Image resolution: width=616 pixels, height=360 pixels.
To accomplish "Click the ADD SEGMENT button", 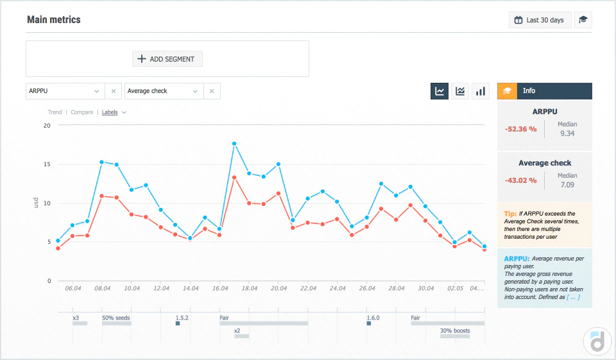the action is coord(167,59).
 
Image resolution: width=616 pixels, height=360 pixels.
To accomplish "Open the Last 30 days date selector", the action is coord(540,20).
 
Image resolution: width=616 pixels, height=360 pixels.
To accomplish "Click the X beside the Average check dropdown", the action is coord(212,91).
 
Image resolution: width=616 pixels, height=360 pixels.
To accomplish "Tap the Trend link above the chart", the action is coord(55,112).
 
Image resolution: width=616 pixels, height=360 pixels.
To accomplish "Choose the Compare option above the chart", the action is coord(81,112).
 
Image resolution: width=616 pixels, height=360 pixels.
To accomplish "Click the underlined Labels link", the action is coord(110,112).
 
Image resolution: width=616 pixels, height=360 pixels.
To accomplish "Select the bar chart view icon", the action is coord(481,91).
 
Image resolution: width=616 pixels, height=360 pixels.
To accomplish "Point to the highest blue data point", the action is coord(234,144).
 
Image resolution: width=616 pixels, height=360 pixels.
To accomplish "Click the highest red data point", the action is coord(234,178).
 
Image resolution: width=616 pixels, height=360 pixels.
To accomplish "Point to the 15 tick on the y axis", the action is coord(47,164).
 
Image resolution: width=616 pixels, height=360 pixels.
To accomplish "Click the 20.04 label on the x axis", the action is coord(278,289).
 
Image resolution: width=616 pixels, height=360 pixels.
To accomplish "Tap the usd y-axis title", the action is coord(36,203).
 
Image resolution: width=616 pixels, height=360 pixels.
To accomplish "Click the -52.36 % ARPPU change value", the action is coord(520,129).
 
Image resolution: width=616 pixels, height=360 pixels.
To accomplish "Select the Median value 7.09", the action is coord(567,185).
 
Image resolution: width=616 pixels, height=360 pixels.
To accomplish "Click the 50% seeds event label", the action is coord(116,318).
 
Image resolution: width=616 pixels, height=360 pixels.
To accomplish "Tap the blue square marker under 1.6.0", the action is coord(369,323).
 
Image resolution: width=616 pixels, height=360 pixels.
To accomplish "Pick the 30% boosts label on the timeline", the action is coord(455,331).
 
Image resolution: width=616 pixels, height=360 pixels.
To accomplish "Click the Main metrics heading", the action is coord(54,20).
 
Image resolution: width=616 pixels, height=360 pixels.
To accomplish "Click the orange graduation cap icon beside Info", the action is coord(507,91).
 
